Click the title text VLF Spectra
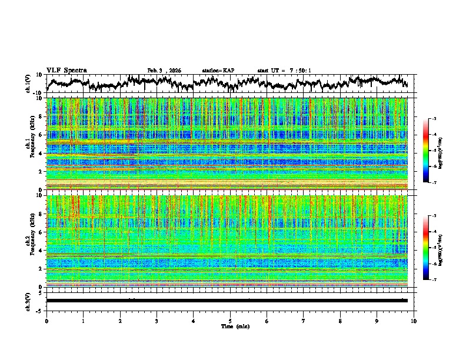[x=66, y=70]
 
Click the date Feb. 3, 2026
[x=164, y=71]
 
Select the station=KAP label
[x=218, y=71]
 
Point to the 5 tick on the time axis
[x=230, y=321]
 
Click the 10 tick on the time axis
[x=414, y=321]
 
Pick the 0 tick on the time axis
[x=46, y=321]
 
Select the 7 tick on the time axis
[x=304, y=321]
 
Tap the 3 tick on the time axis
[x=157, y=321]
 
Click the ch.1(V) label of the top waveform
[x=28, y=84]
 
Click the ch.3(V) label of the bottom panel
[x=28, y=300]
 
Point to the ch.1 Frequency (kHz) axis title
[x=31, y=144]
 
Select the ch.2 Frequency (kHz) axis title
[x=31, y=241]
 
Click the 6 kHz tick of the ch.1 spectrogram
[x=42, y=135]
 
